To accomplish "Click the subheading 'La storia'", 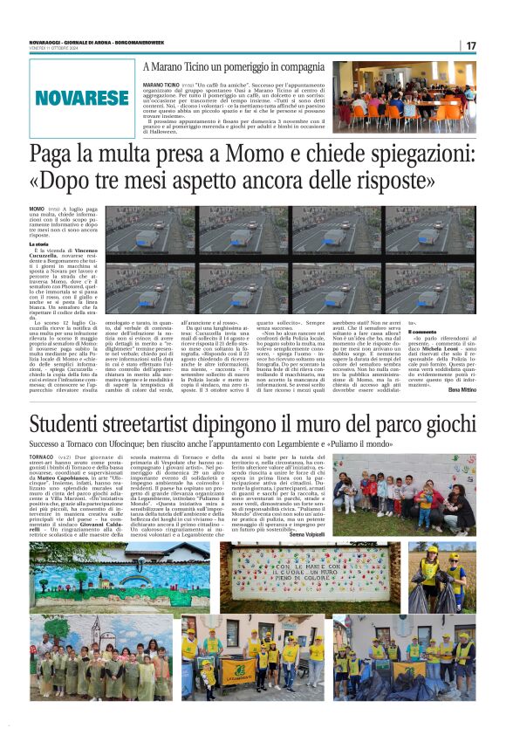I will [x=42, y=244].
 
